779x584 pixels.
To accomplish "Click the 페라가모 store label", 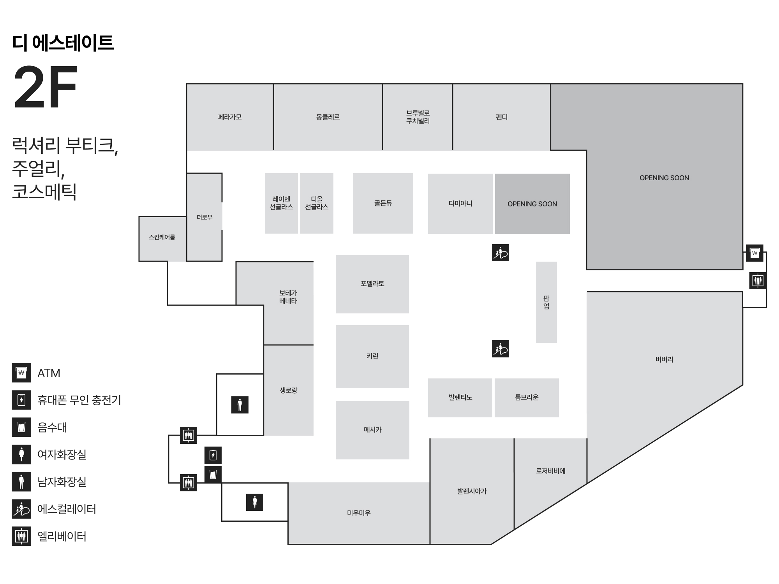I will point(230,117).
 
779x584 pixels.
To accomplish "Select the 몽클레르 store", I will point(328,117).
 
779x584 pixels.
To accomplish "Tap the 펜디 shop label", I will point(501,117).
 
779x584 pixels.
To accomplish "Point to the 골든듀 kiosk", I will point(383,203).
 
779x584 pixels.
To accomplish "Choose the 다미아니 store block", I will point(460,204).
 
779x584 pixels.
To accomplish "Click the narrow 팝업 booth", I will point(546,302).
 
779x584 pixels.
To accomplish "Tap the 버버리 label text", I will point(664,359).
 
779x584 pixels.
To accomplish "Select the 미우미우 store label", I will point(359,513).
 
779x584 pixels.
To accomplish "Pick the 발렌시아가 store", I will point(472,491).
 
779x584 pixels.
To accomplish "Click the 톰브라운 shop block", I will point(527,398).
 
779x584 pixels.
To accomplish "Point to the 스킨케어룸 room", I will point(162,237).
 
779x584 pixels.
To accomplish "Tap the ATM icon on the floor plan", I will point(754,253).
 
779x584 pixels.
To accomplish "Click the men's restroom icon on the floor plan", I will point(240,405).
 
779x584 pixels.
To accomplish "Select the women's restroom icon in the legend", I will point(21,454).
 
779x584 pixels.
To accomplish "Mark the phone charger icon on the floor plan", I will point(213,455).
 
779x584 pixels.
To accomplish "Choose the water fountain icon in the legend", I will point(21,427).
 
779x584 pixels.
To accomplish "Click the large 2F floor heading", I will point(46,87).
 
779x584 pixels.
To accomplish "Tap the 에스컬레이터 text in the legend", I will point(67,509).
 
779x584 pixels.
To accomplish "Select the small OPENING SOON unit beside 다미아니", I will point(532,204).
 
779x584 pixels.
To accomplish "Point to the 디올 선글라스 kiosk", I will point(317,203).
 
